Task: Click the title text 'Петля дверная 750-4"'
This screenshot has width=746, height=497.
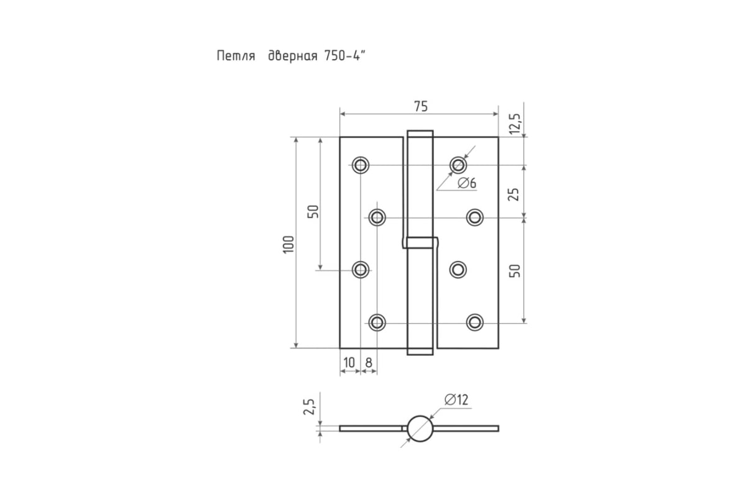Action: pyautogui.click(x=291, y=55)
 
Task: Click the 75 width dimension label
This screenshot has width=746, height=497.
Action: pyautogui.click(x=421, y=106)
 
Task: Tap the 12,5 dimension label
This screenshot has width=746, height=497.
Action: pyautogui.click(x=515, y=124)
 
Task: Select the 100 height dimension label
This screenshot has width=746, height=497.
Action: pyautogui.click(x=288, y=244)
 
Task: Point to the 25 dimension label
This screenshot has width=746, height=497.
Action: pyautogui.click(x=514, y=194)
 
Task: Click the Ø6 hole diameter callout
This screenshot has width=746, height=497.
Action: pyautogui.click(x=467, y=183)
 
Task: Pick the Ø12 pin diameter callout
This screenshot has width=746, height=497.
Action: pyautogui.click(x=456, y=399)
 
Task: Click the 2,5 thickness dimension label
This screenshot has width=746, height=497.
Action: pyautogui.click(x=309, y=406)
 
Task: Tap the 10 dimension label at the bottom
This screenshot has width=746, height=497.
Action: pyautogui.click(x=349, y=363)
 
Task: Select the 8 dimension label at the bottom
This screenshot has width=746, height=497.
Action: pyautogui.click(x=369, y=363)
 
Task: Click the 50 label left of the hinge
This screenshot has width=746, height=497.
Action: pyautogui.click(x=313, y=211)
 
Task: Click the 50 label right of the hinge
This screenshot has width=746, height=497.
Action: pyautogui.click(x=515, y=271)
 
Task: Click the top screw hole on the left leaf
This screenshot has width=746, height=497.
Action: pyautogui.click(x=361, y=165)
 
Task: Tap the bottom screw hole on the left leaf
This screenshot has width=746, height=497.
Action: pyautogui.click(x=377, y=322)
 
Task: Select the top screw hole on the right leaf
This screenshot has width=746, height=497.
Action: pyautogui.click(x=458, y=165)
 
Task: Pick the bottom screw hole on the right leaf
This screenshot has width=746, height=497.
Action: pyautogui.click(x=475, y=322)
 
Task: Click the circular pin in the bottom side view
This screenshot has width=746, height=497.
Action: pyautogui.click(x=420, y=429)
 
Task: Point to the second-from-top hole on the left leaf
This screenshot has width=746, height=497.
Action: pyautogui.click(x=377, y=217)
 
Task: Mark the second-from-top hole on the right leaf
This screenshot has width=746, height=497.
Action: pyautogui.click(x=475, y=217)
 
